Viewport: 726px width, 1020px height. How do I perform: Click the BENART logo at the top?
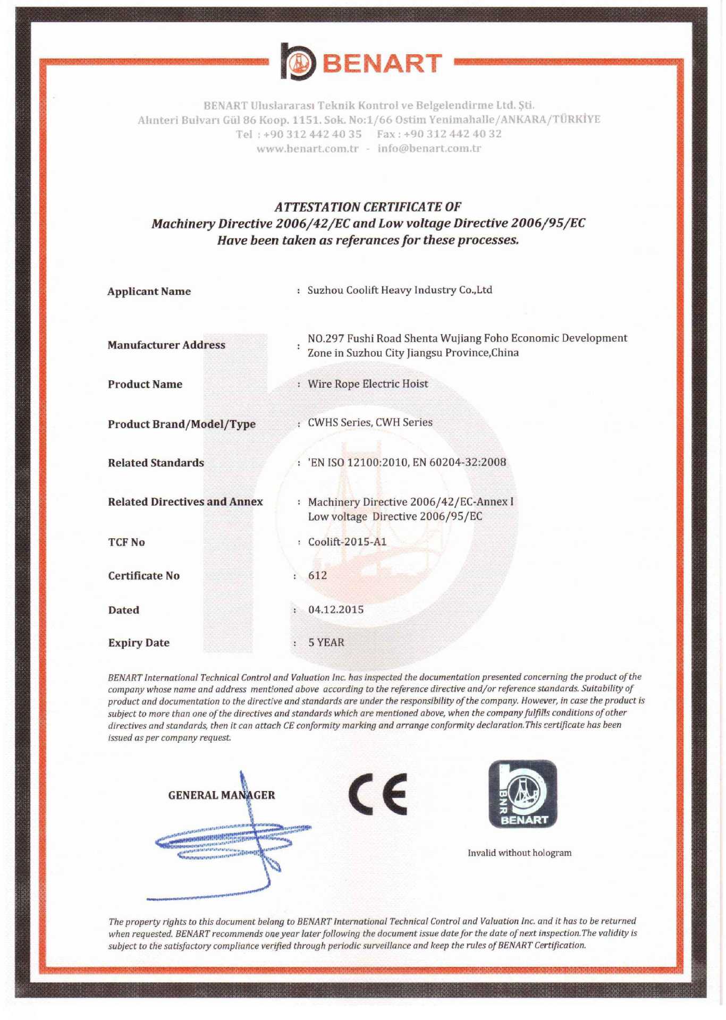point(361,62)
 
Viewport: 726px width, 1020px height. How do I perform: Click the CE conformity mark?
point(378,794)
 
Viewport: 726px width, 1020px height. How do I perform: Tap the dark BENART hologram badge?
point(523,794)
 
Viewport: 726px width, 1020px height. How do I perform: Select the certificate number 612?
point(317,575)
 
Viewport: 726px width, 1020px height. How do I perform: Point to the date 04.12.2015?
point(336,609)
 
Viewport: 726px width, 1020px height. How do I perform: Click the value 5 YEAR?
point(326,642)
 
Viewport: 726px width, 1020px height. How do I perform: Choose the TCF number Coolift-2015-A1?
point(347,542)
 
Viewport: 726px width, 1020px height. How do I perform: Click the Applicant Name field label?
point(149,291)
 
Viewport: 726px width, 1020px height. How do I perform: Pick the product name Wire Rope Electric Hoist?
point(368,384)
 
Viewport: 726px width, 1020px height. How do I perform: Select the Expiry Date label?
point(139,643)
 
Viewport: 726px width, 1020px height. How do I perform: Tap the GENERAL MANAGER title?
point(222,795)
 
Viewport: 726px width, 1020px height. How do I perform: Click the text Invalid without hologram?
point(519,853)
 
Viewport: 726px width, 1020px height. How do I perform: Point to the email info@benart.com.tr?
point(429,148)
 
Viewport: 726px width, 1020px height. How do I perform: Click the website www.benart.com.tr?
point(307,149)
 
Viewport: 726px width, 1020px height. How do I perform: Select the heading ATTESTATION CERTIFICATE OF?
point(368,207)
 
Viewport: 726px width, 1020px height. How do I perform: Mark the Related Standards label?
point(156,463)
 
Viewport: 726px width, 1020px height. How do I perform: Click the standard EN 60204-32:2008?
point(459,462)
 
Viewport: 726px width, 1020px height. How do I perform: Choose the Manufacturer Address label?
point(166,345)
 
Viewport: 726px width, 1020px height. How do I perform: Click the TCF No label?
point(126,542)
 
